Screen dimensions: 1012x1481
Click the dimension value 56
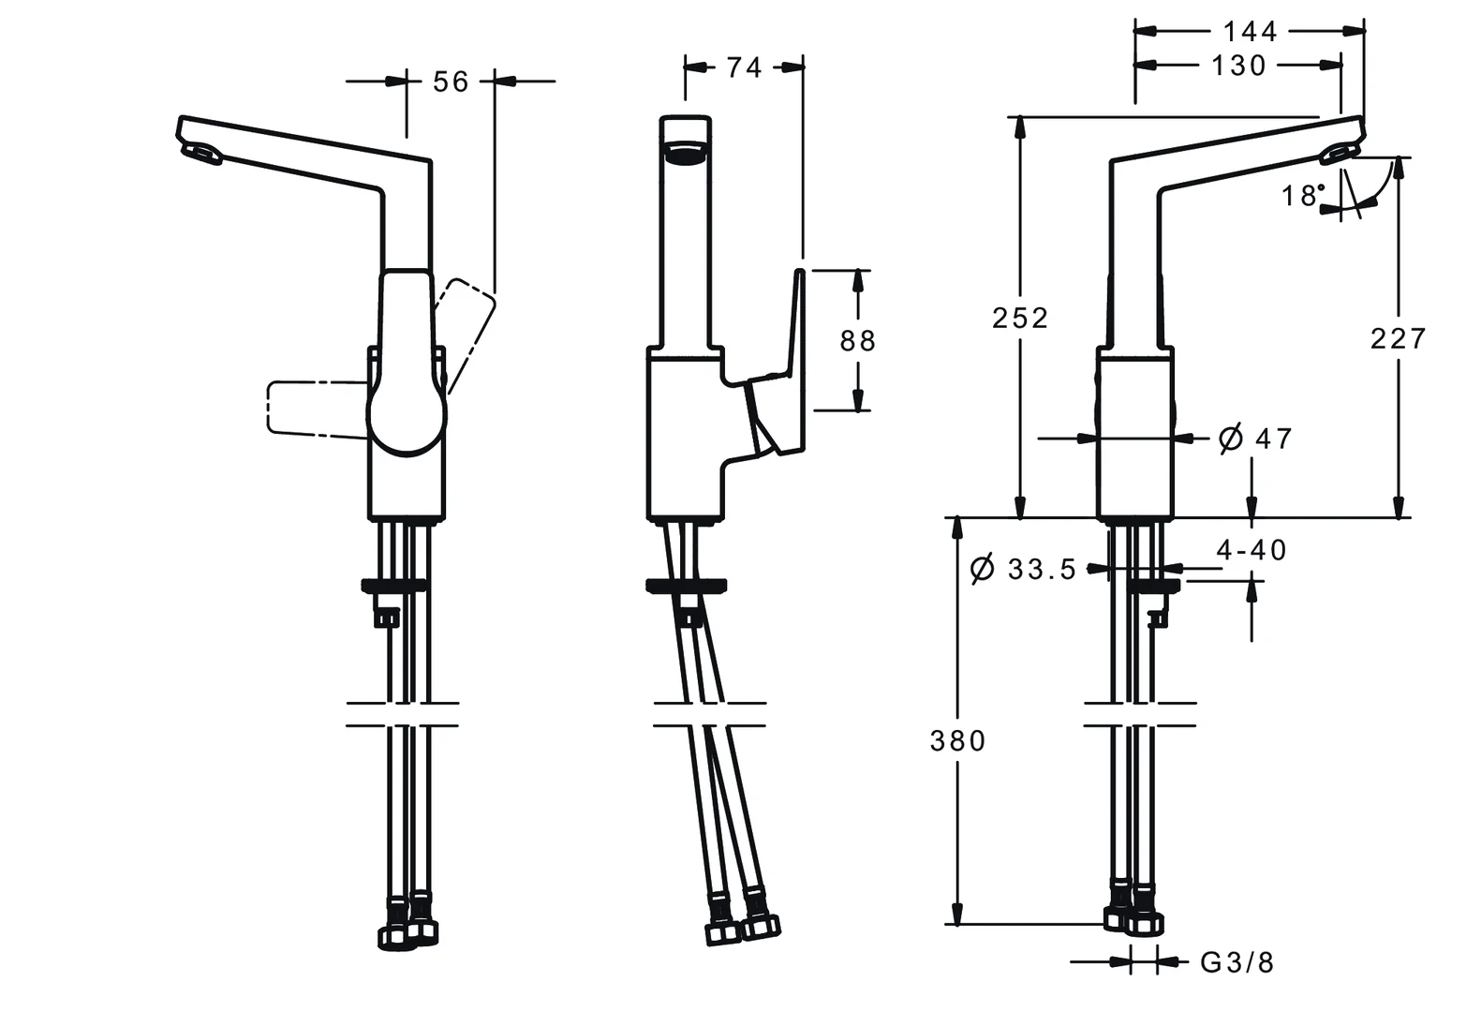450,82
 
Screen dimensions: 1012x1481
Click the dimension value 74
744,67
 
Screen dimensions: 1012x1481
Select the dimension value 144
1250,32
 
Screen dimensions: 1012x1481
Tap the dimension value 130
1238,66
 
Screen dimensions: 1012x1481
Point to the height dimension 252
1020,319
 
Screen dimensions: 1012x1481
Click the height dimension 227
1398,337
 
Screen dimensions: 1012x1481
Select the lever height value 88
857,340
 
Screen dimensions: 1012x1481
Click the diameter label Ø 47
1255,438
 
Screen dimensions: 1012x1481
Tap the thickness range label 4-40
1251,550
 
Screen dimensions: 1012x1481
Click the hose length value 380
957,741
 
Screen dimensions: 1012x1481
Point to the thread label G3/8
1237,962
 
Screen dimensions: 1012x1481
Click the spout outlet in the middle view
686,154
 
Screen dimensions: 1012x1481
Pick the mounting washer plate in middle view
687,587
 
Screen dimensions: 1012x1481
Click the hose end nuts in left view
408,933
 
